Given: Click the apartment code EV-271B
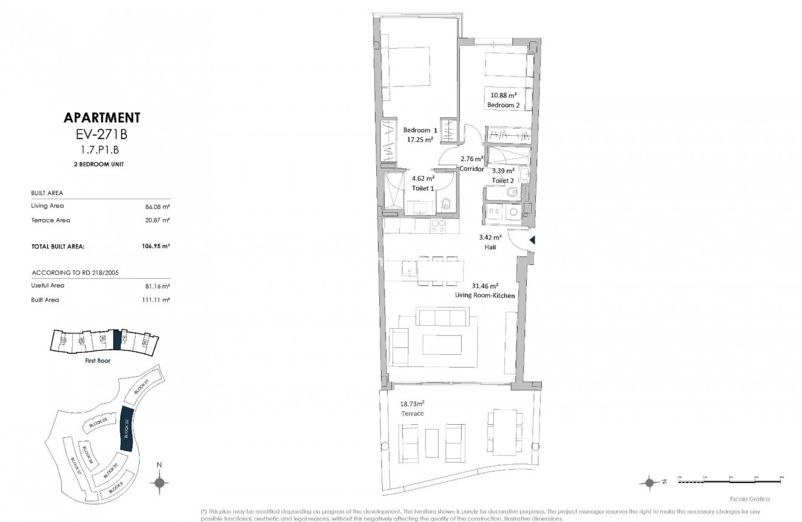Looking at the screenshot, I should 102,135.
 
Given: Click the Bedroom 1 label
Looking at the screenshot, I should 420,131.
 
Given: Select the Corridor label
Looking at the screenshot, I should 471,168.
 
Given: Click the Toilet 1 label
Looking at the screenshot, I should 423,188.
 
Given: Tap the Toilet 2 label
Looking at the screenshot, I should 503,180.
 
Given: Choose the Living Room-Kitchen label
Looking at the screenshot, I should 485,295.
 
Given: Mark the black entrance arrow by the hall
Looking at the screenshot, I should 532,241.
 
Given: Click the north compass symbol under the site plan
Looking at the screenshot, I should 159,483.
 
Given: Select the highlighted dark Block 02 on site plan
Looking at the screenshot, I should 127,428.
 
